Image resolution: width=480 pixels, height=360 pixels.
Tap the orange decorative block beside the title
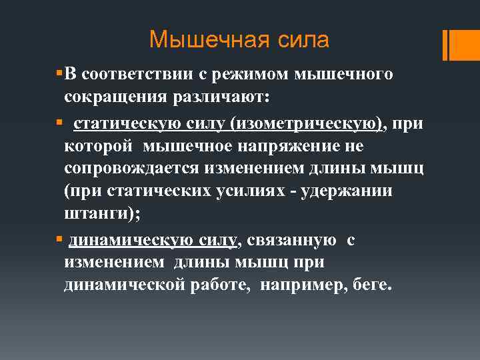461,45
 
